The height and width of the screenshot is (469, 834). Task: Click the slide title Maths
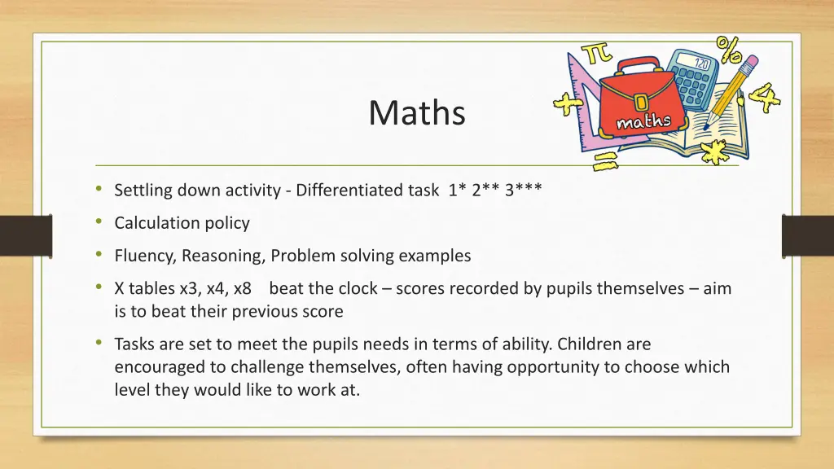[416, 112]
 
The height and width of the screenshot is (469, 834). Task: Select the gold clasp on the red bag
[642, 102]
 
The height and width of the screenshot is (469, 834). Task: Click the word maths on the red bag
[643, 123]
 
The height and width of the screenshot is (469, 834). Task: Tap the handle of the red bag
[637, 65]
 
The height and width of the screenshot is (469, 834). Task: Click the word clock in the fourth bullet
[367, 288]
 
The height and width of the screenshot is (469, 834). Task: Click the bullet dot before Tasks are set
[98, 344]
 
